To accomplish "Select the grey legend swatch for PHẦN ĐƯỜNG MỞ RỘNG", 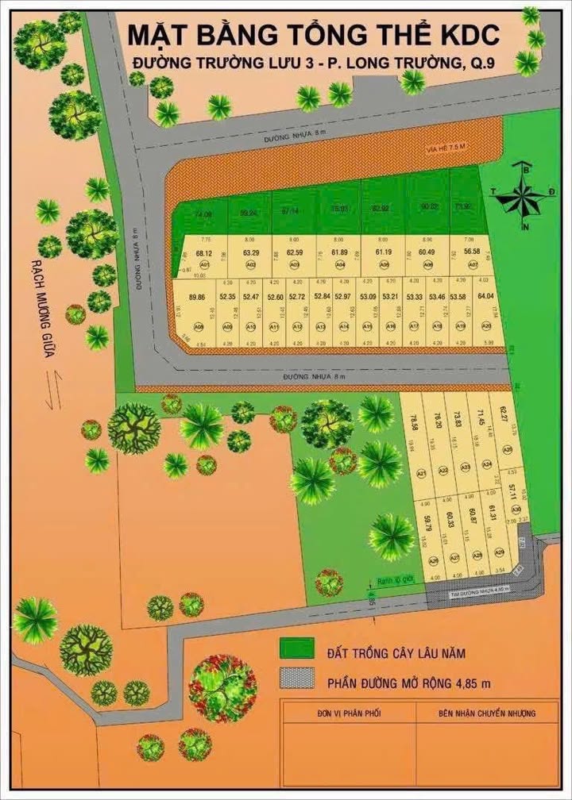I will coord(298,680).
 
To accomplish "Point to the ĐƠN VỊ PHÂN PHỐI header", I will coord(348,713).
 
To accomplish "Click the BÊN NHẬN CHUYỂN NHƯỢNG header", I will coord(486,713).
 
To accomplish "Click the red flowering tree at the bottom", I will coord(222,687).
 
